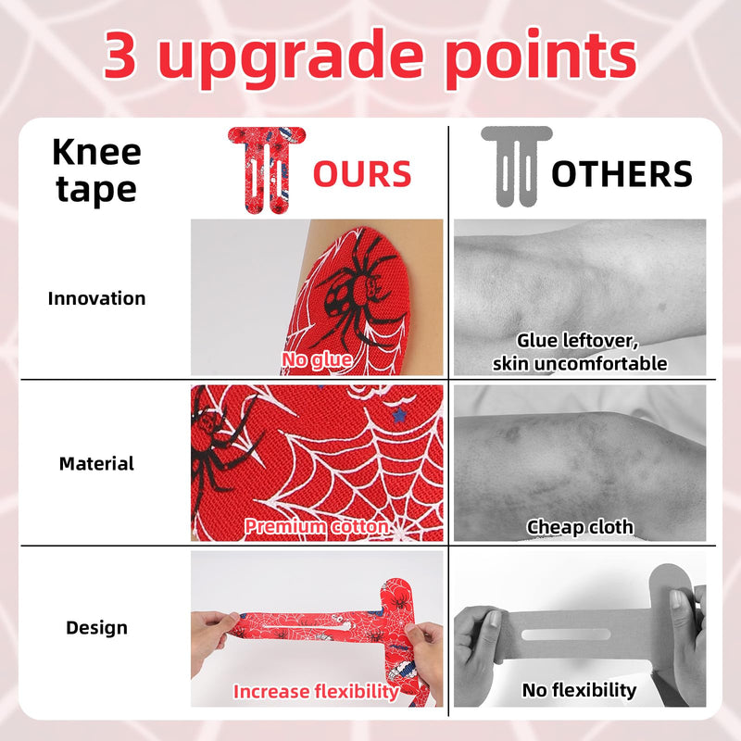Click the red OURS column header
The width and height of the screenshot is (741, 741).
(x=362, y=174)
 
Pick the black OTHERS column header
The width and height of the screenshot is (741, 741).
(x=622, y=174)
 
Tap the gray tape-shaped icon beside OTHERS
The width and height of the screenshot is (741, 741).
(x=516, y=167)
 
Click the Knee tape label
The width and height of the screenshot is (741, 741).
(x=96, y=170)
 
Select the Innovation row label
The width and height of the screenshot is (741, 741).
(x=96, y=298)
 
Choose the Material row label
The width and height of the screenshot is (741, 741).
(x=96, y=463)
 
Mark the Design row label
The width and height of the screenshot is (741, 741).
(x=96, y=628)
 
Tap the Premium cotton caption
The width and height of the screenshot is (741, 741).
(x=316, y=527)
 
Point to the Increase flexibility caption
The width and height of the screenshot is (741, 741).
(x=316, y=691)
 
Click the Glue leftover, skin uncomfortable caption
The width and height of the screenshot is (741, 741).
(x=579, y=352)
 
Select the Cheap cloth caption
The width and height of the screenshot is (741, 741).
(x=580, y=527)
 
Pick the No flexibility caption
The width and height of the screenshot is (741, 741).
(x=579, y=690)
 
